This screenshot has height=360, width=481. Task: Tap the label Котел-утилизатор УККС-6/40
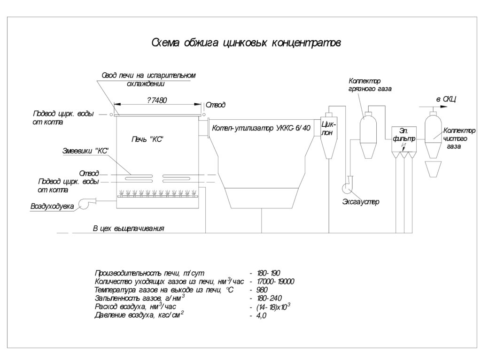point(261,129)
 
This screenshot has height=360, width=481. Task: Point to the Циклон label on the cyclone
point(328,128)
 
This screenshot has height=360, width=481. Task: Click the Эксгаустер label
point(360,202)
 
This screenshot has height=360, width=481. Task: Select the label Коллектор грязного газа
point(370,84)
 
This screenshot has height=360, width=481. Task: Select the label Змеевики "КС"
point(85,151)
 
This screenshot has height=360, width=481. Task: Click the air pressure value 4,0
point(261,315)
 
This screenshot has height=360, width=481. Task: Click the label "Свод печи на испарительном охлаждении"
point(148,79)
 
